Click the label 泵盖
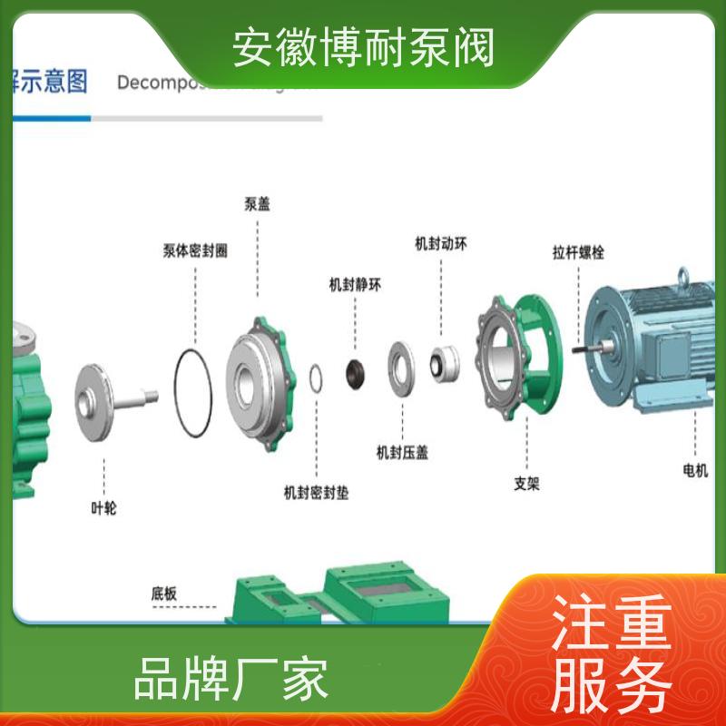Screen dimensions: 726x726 pos(257,204)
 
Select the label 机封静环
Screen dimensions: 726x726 pos(355,284)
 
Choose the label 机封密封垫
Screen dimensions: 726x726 pos(316,493)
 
